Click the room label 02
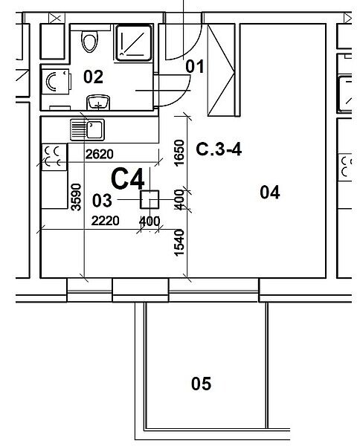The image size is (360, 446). click(x=93, y=77)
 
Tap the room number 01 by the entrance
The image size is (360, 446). click(x=195, y=67)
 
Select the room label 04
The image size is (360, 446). click(x=270, y=192)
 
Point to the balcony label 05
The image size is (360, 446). click(x=202, y=384)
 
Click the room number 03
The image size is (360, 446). click(x=102, y=201)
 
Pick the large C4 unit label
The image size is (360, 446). click(x=128, y=178)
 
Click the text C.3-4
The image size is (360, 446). click(x=219, y=149)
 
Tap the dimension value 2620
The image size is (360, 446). click(x=100, y=154)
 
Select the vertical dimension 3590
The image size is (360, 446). click(x=77, y=197)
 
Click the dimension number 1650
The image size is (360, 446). click(x=179, y=152)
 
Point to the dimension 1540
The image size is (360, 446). click(x=179, y=242)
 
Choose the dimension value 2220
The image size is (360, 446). click(x=105, y=221)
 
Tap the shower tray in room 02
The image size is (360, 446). click(x=133, y=43)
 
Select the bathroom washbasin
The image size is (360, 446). click(x=98, y=103)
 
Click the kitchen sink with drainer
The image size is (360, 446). click(x=87, y=129)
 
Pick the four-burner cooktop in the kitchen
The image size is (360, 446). click(x=54, y=158)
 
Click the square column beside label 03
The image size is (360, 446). click(x=150, y=200)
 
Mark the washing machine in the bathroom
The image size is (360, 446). click(x=56, y=81)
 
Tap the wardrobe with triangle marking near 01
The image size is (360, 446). click(x=221, y=71)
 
